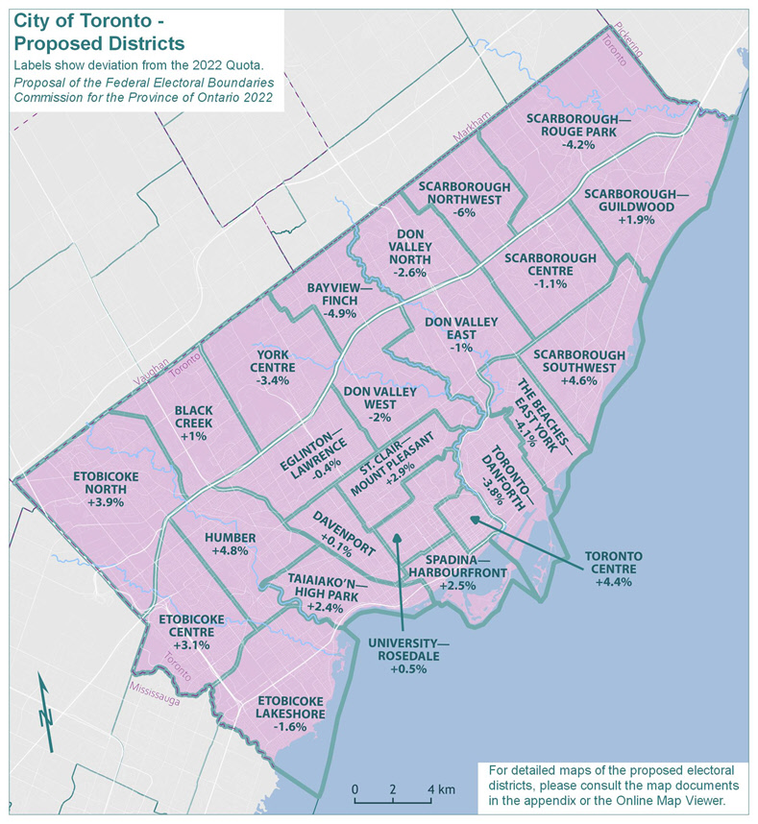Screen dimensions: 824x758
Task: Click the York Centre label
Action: click(x=274, y=360)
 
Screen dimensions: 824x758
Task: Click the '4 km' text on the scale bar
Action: click(x=442, y=789)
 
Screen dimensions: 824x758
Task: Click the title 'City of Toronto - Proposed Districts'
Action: click(x=100, y=34)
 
